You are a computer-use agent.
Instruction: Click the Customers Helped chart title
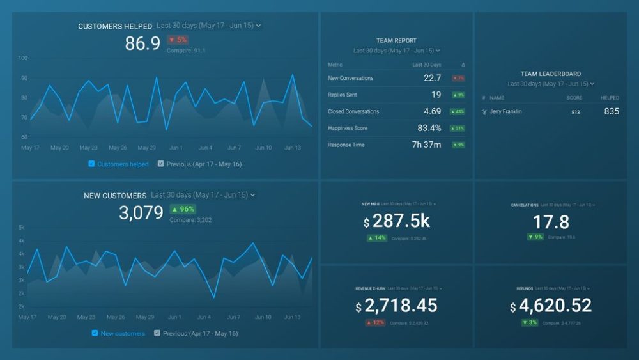pos(115,26)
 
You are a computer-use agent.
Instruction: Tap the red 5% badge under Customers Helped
pos(178,40)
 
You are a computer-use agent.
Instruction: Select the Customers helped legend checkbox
pos(91,164)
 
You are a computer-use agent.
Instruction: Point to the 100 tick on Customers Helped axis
pos(23,58)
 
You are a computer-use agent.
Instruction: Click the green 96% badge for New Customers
pos(183,209)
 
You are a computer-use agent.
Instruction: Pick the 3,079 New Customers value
pos(141,213)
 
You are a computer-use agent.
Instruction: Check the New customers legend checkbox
pos(95,333)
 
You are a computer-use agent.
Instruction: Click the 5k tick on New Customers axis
pos(22,228)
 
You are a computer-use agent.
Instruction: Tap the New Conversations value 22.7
pos(432,78)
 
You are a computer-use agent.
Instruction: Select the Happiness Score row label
pos(349,128)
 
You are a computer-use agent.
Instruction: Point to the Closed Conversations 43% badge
pos(458,111)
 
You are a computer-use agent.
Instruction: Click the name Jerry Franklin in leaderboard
pos(505,111)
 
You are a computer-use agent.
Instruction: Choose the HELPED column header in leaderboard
pos(610,98)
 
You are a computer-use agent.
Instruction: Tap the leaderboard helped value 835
pos(611,111)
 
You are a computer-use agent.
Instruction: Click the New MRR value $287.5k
pos(396,222)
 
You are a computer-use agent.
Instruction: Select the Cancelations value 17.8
pos(551,222)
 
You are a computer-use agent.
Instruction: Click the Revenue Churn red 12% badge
pos(376,323)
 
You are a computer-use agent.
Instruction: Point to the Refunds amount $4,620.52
pos(551,306)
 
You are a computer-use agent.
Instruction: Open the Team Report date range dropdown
pos(396,51)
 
